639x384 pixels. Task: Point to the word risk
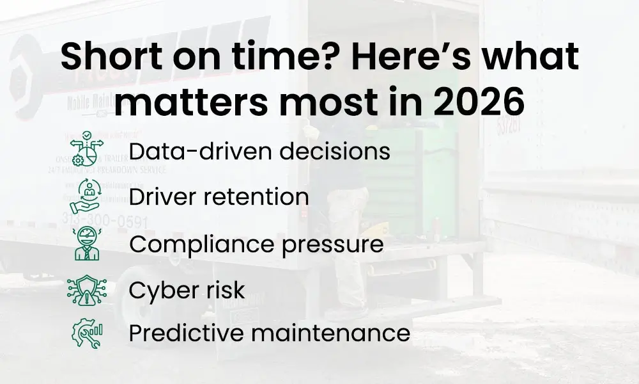224,291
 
